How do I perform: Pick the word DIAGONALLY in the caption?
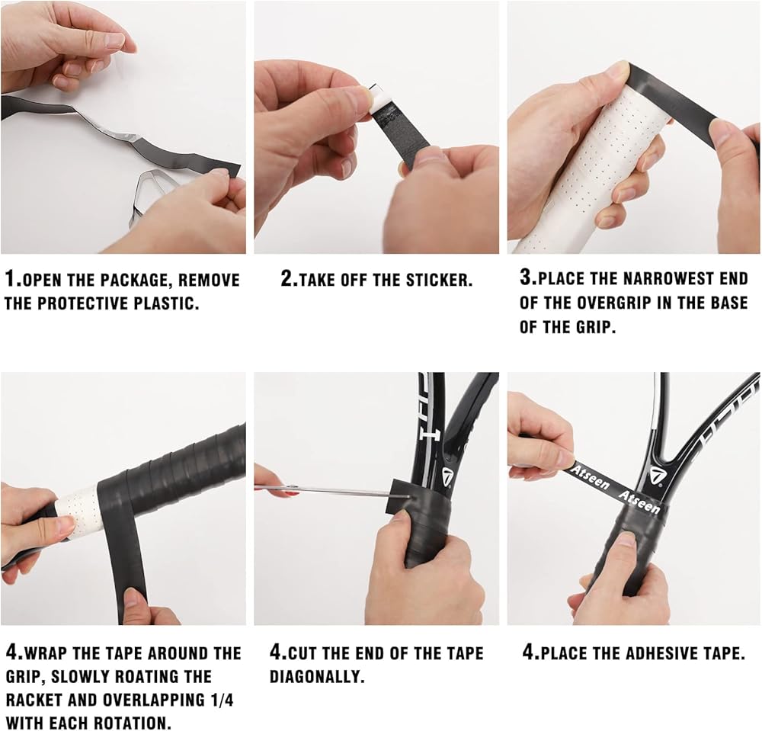click(317, 677)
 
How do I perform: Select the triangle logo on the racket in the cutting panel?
click(447, 478)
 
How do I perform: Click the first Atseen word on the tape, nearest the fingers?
click(589, 477)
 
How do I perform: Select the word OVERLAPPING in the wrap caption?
click(154, 701)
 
